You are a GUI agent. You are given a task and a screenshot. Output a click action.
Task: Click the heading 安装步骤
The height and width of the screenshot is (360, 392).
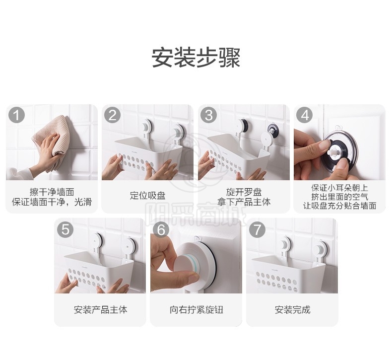[196, 58]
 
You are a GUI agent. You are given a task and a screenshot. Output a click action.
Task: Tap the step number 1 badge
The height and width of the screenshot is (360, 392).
[17, 115]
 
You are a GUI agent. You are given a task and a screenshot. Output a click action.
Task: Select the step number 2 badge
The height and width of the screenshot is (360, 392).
[113, 115]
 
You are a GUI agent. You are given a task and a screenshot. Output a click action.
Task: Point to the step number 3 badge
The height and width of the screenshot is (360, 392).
[209, 115]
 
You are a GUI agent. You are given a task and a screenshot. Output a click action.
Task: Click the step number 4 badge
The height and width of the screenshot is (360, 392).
[305, 115]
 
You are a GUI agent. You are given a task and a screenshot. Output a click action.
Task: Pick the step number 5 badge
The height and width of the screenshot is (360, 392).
[65, 229]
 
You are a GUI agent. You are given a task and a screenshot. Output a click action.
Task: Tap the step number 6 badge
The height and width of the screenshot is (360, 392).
[161, 229]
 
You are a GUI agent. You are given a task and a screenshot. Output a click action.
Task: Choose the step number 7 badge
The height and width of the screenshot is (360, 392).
[257, 229]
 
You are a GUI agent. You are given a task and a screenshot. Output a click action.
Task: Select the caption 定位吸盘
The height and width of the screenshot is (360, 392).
[147, 196]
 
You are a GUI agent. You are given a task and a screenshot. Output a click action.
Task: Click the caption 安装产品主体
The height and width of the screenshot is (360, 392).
[101, 310]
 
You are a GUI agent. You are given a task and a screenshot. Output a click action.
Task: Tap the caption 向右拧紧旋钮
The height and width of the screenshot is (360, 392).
[196, 310]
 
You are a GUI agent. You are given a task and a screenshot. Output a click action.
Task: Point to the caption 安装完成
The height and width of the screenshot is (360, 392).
[292, 310]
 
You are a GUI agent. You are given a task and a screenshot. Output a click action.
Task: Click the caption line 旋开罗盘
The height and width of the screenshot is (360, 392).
[244, 192]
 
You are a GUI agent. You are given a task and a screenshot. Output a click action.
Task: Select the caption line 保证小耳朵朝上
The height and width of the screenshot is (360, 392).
[339, 188]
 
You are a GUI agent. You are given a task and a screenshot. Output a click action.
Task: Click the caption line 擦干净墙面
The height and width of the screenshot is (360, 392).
[52, 192]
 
